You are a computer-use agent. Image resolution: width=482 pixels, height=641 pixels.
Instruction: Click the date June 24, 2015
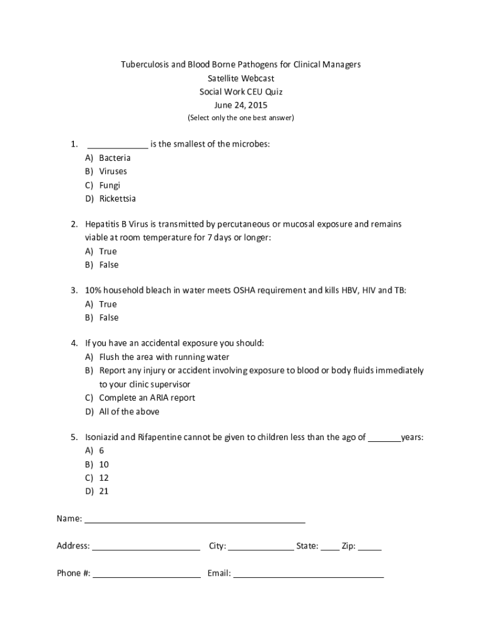click(241, 105)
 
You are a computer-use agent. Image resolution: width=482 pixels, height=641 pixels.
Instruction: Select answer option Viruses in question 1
click(113, 171)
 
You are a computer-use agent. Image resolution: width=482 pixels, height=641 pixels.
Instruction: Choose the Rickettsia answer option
click(117, 198)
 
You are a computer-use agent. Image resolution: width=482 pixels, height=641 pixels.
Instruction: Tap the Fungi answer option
click(110, 185)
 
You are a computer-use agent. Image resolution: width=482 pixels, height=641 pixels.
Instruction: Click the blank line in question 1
click(118, 145)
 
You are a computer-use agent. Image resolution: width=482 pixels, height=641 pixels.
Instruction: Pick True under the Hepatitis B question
click(108, 251)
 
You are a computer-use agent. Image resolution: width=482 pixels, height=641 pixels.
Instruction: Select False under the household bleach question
click(108, 317)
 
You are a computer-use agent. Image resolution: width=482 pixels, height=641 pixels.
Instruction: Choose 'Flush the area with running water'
click(164, 357)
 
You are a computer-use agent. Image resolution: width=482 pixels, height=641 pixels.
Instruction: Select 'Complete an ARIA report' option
click(147, 397)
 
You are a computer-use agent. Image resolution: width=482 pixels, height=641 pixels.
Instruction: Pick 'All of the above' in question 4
click(129, 411)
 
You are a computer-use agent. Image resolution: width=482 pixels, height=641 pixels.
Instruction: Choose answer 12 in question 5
click(104, 477)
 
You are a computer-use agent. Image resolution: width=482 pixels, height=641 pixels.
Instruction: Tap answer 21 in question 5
click(104, 491)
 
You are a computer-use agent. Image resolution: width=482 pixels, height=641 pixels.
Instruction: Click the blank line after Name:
click(195, 520)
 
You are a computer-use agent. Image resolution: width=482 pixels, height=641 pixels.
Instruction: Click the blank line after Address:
click(146, 547)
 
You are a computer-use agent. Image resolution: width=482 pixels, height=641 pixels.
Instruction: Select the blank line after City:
click(260, 547)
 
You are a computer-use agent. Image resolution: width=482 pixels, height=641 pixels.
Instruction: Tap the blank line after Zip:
click(370, 547)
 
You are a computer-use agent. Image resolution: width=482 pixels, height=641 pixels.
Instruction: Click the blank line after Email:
click(308, 574)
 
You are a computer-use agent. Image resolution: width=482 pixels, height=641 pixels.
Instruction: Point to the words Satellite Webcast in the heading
click(241, 78)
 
